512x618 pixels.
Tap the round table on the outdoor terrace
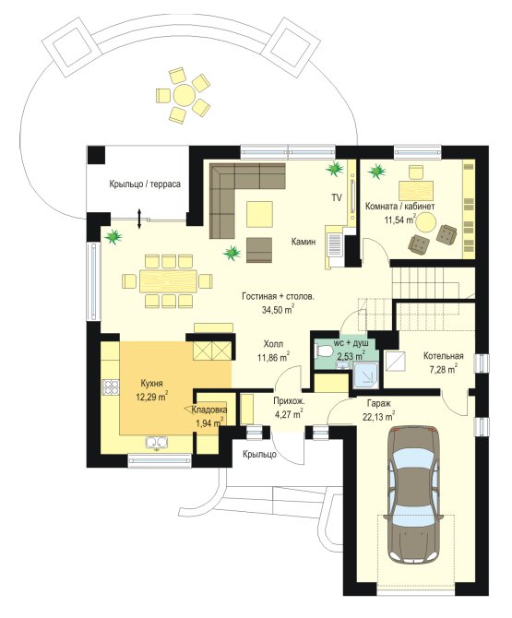coord(184,95)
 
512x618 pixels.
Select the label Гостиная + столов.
coord(279,296)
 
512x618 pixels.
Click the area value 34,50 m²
coord(279,309)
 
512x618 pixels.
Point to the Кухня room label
coord(151,383)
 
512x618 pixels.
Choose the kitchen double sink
coord(157,442)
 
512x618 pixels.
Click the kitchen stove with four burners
coord(111,386)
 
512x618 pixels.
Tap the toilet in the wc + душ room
coord(322,351)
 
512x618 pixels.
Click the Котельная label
coord(444,356)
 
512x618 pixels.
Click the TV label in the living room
coord(336,198)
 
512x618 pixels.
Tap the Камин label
coord(304,242)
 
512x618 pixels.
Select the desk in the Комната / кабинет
coord(416,191)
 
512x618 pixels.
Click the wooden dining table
coord(168,281)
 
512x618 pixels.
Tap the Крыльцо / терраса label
coord(145,184)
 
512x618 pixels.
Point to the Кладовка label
coord(209,410)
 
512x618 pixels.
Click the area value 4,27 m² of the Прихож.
coord(289,415)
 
